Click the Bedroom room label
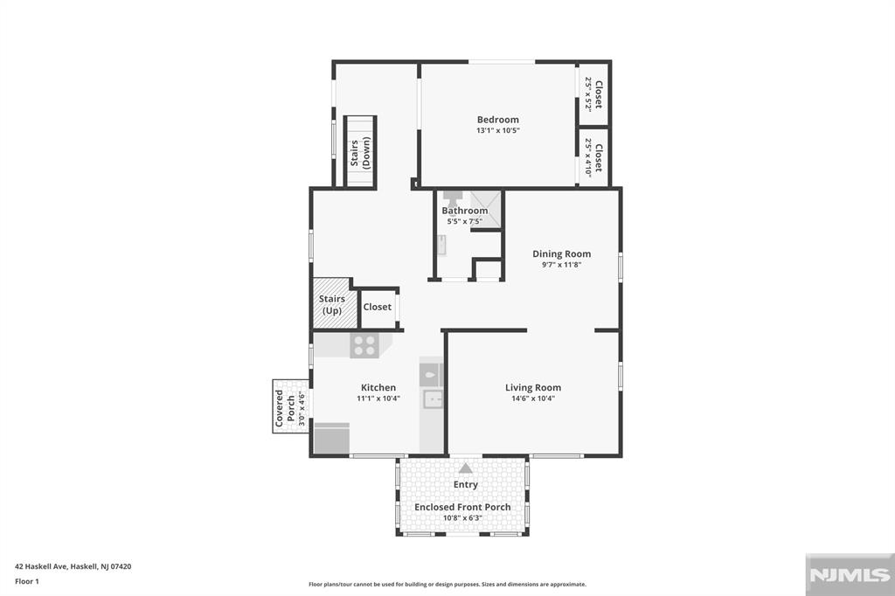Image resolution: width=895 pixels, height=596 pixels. pos(497,120)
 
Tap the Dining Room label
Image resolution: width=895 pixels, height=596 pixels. pos(562,254)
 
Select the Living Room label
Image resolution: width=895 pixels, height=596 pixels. pos(532,388)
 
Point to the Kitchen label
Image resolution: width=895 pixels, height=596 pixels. pos(378,388)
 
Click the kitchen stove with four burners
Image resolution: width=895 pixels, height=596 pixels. pos(364,345)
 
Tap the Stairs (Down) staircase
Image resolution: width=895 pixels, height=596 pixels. pos(359,151)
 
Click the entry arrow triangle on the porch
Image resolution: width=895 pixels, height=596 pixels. pos(466,468)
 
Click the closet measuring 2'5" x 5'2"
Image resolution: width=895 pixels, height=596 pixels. pos(593,94)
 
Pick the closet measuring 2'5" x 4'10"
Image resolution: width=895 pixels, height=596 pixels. pos(593,157)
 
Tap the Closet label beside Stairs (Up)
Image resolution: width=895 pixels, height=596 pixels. pos(378,307)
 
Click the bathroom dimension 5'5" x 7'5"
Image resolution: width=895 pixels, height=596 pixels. pos(465,221)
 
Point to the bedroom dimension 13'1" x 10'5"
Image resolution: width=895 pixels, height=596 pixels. pos(497,130)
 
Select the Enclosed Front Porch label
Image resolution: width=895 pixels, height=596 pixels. pos(462,507)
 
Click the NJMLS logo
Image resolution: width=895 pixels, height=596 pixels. pos(850,575)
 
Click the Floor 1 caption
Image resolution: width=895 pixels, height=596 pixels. pos(27,581)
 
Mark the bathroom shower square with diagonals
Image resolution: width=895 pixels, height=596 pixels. pos(486,209)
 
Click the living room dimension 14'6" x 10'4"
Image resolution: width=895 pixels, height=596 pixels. pos(532,398)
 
